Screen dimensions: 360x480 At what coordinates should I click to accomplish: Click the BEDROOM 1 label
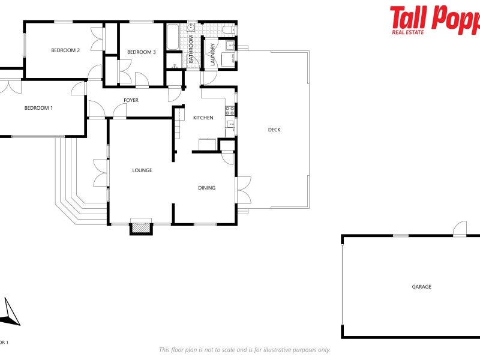[x=38, y=108]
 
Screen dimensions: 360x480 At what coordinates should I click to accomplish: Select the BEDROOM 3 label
[x=142, y=52]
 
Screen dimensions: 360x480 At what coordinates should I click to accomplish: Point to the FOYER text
[x=131, y=100]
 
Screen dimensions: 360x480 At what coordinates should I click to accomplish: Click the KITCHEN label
[x=203, y=118]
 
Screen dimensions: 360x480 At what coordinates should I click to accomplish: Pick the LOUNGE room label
[x=142, y=170]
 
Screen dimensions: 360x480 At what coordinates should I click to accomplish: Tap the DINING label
[x=207, y=188]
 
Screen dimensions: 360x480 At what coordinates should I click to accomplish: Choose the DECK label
[x=274, y=130]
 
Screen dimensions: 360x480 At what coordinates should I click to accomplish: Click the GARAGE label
[x=422, y=287]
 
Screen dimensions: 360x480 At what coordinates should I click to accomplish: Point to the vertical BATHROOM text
[x=191, y=50]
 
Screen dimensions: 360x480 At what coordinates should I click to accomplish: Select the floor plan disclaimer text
[x=244, y=350]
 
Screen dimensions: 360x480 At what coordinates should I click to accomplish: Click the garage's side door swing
[x=460, y=229]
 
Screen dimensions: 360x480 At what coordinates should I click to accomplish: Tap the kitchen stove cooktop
[x=229, y=110]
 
